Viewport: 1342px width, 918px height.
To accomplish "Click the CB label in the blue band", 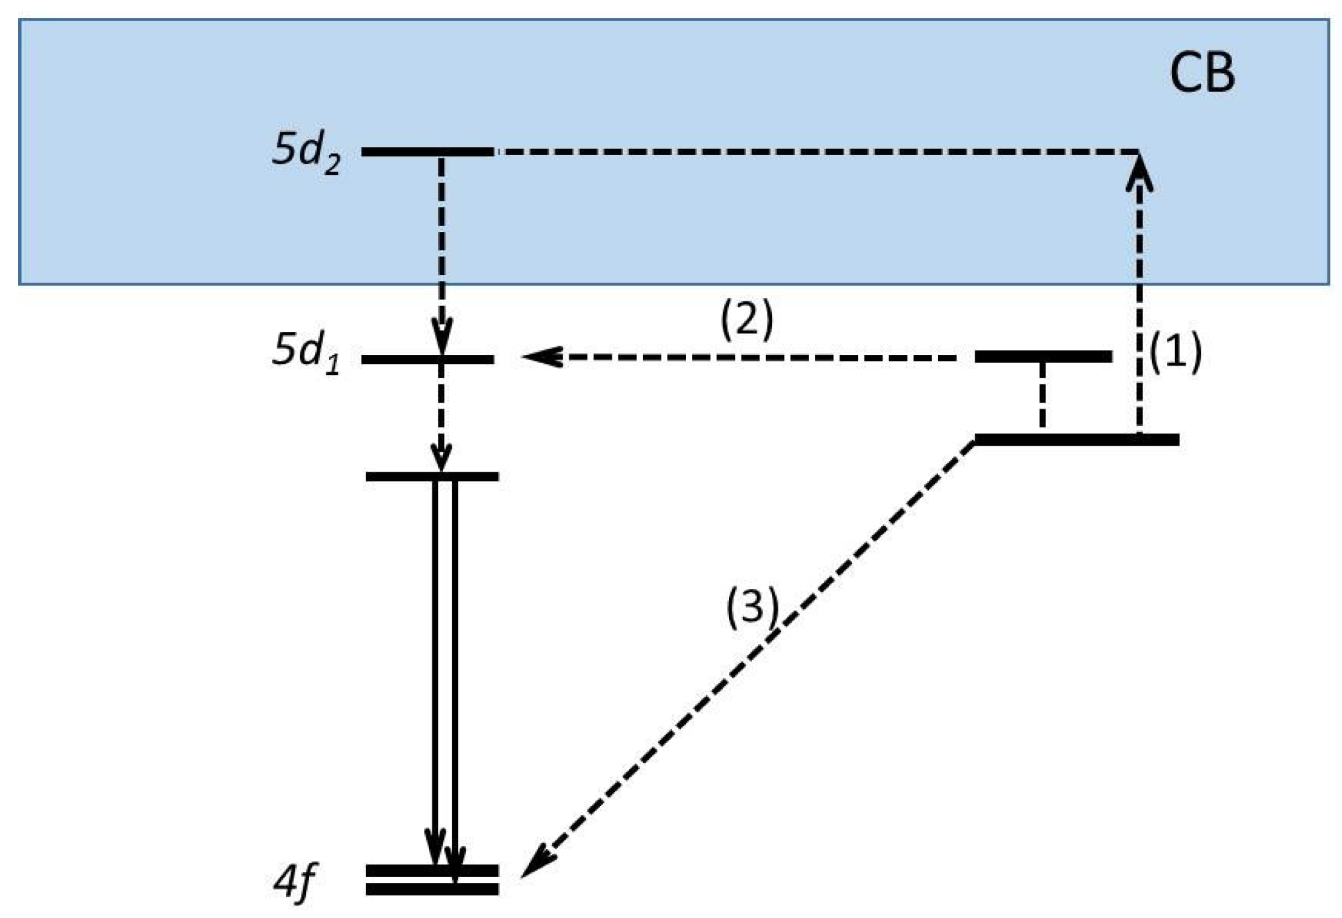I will [1201, 73].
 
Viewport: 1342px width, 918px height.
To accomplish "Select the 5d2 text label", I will [306, 152].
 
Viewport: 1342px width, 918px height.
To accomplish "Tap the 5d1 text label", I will [306, 352].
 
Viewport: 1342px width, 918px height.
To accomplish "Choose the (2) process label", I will [746, 319].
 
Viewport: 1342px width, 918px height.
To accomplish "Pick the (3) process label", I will [751, 606].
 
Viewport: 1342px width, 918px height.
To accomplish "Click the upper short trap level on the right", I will [1043, 357].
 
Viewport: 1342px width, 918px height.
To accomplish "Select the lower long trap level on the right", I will [1077, 439].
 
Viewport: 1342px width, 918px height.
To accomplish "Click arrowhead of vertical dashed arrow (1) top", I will [1139, 174].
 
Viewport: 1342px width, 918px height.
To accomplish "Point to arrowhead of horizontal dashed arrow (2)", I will [540, 357].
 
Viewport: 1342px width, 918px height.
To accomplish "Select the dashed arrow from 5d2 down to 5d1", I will [442, 252].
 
